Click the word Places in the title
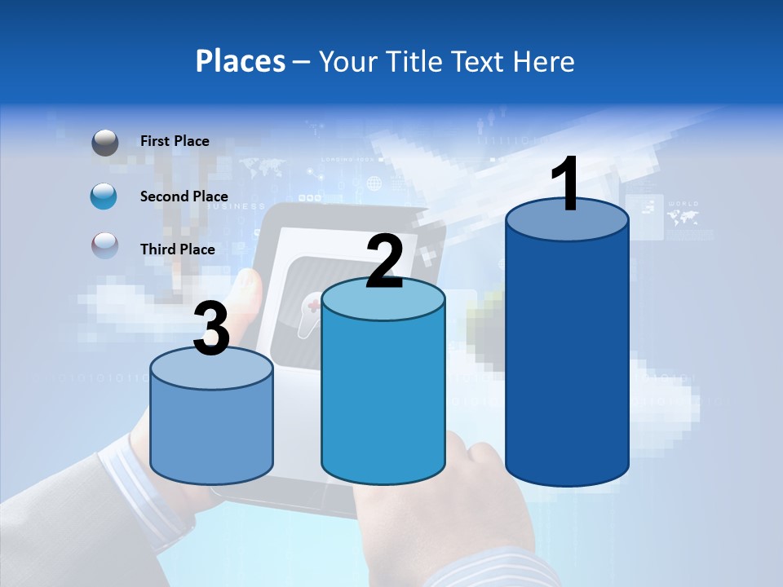[x=241, y=61]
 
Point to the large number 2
[x=384, y=261]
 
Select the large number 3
[x=211, y=329]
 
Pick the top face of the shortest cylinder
[x=211, y=369]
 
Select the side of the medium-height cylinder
[x=383, y=399]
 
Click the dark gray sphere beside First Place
[x=104, y=143]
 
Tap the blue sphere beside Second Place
[x=104, y=196]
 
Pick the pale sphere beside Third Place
[x=104, y=246]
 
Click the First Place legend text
[x=175, y=141]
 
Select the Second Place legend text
[x=184, y=196]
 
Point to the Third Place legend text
[x=177, y=249]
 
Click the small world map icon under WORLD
[x=682, y=218]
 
